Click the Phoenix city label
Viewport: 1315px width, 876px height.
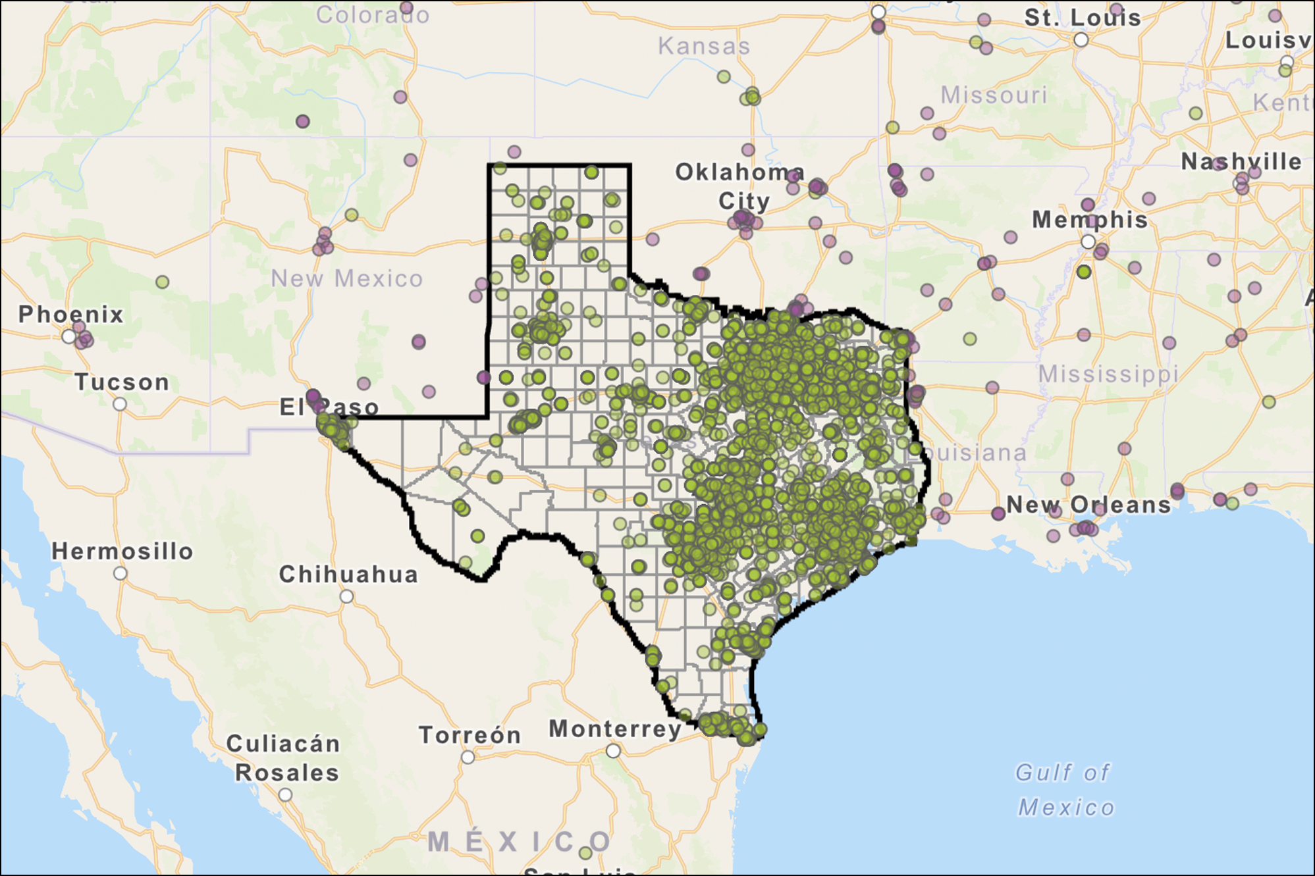click(70, 315)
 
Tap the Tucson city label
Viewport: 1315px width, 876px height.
click(122, 382)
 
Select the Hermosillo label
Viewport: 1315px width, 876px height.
click(122, 552)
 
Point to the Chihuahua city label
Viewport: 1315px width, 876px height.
click(348, 575)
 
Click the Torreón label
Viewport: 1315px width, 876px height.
click(470, 735)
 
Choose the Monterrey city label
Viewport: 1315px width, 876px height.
click(615, 729)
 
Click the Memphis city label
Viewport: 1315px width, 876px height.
click(1090, 220)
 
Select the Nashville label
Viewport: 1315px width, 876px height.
click(1241, 162)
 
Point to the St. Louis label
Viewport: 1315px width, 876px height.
click(1083, 18)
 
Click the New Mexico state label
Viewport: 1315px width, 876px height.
click(347, 279)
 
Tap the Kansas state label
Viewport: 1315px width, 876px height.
click(704, 47)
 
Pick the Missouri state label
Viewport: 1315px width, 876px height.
click(994, 95)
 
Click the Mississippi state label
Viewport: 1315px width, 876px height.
click(1108, 374)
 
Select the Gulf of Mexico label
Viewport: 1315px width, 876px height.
click(1065, 790)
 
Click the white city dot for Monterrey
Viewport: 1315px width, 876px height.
click(613, 751)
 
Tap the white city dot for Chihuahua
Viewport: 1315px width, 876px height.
click(346, 597)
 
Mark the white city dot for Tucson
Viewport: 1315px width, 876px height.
click(120, 404)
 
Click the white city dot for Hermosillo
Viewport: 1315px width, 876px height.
click(120, 573)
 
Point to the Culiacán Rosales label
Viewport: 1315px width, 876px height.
click(284, 758)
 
